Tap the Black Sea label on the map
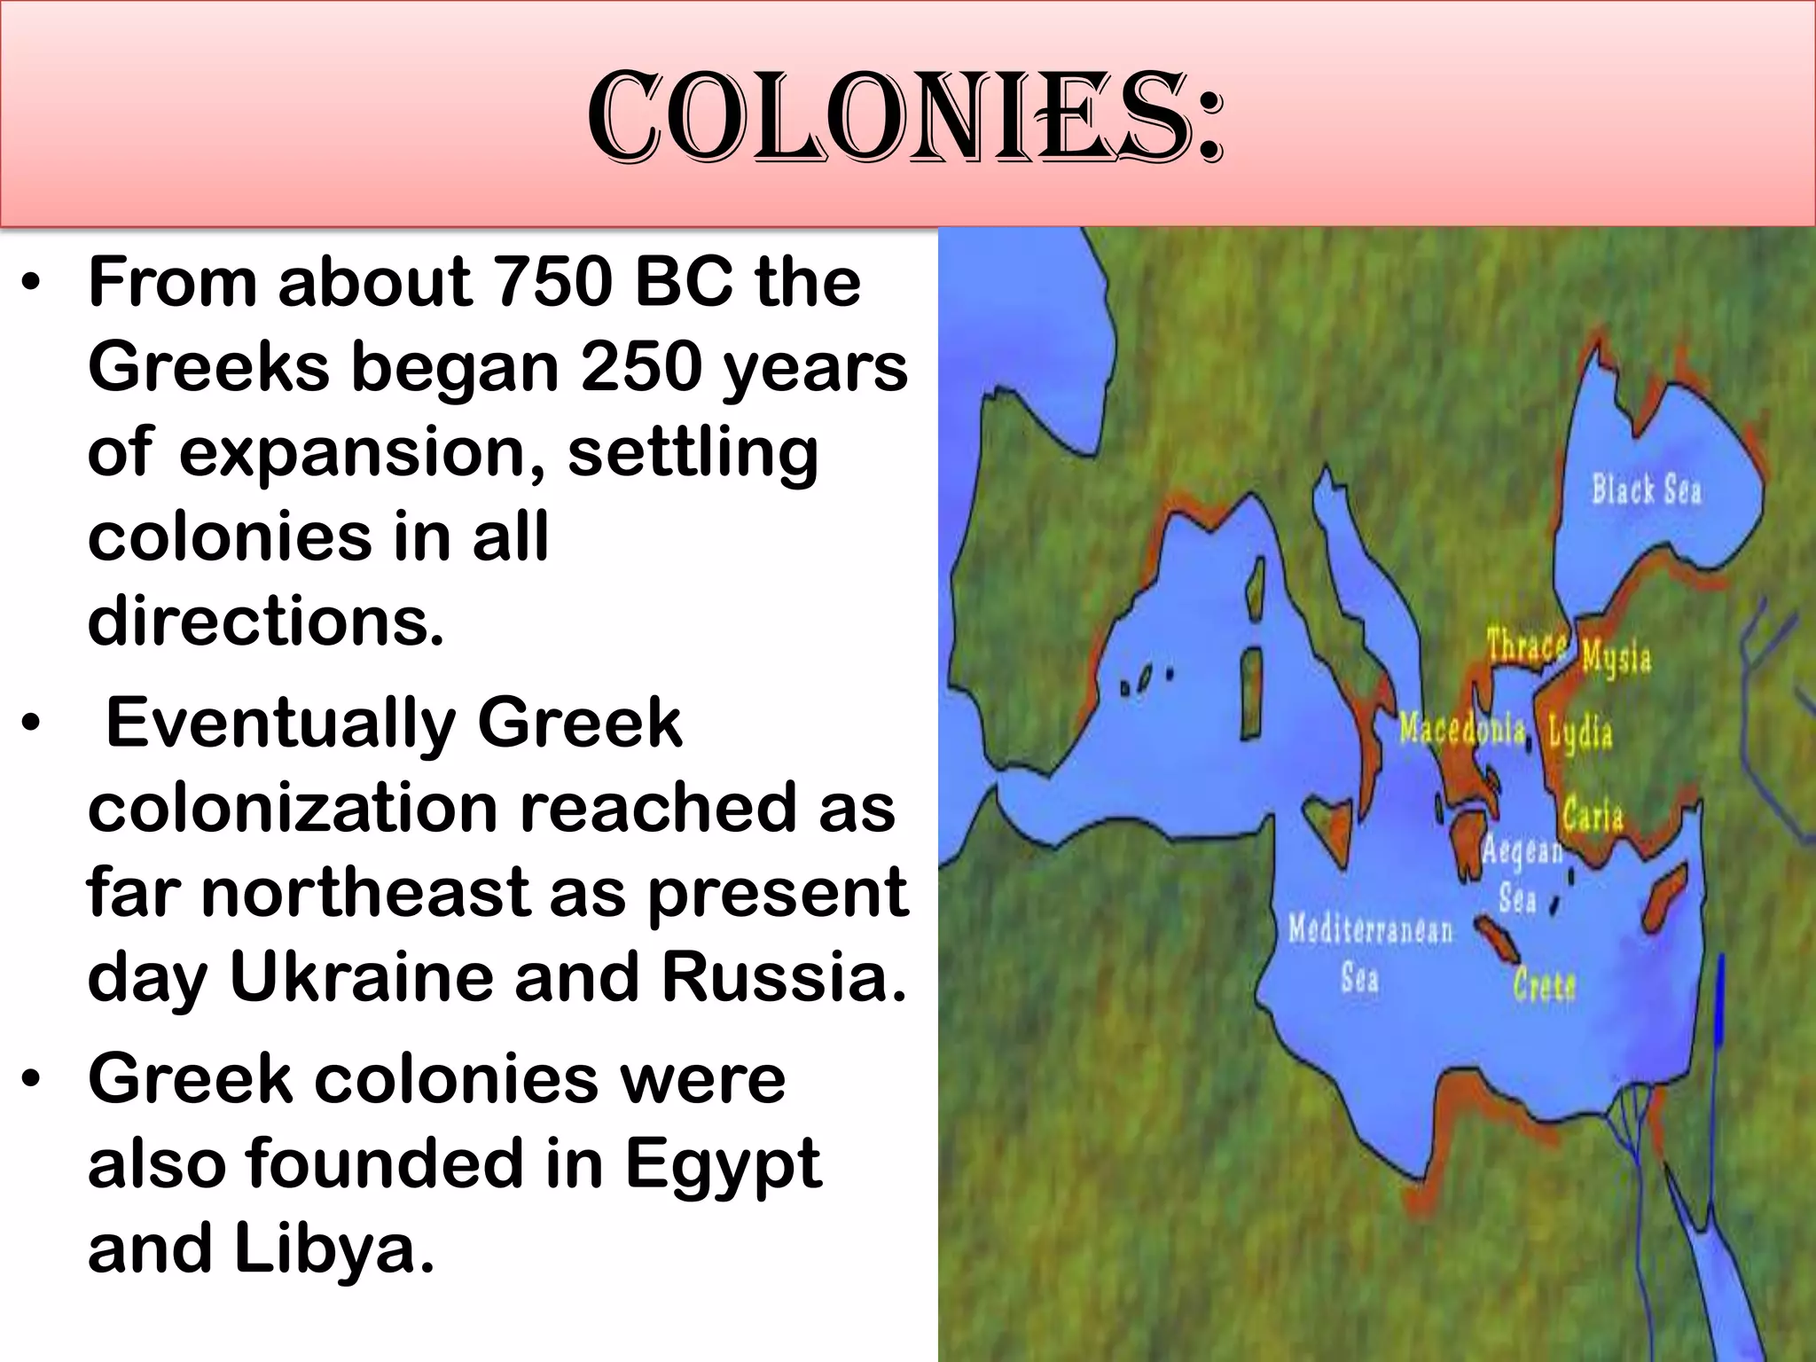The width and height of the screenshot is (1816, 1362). click(1647, 489)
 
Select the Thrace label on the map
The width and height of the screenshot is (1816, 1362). click(1526, 646)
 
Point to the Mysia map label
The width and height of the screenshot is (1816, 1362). click(1616, 658)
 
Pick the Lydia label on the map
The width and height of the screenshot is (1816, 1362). click(1580, 733)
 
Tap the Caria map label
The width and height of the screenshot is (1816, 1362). click(1593, 814)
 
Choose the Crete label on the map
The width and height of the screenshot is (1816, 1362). click(1545, 984)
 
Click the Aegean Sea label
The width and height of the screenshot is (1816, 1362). click(1520, 873)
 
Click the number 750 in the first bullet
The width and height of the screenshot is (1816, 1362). click(552, 282)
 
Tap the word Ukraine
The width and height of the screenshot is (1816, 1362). click(362, 977)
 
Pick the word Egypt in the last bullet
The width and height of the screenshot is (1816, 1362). click(723, 1164)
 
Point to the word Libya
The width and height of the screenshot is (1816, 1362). click(334, 1248)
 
